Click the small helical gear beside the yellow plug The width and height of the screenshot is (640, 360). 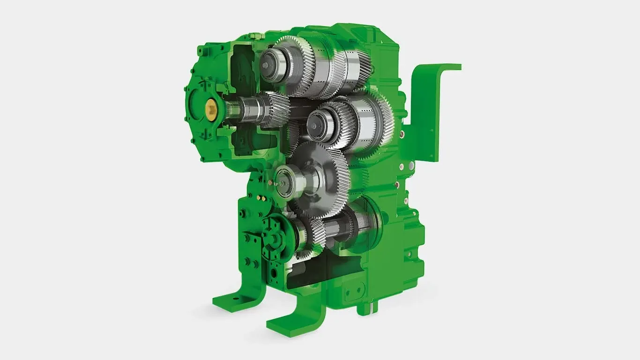tap(274, 109)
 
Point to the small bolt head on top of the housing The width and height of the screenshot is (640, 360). tap(253, 35)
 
